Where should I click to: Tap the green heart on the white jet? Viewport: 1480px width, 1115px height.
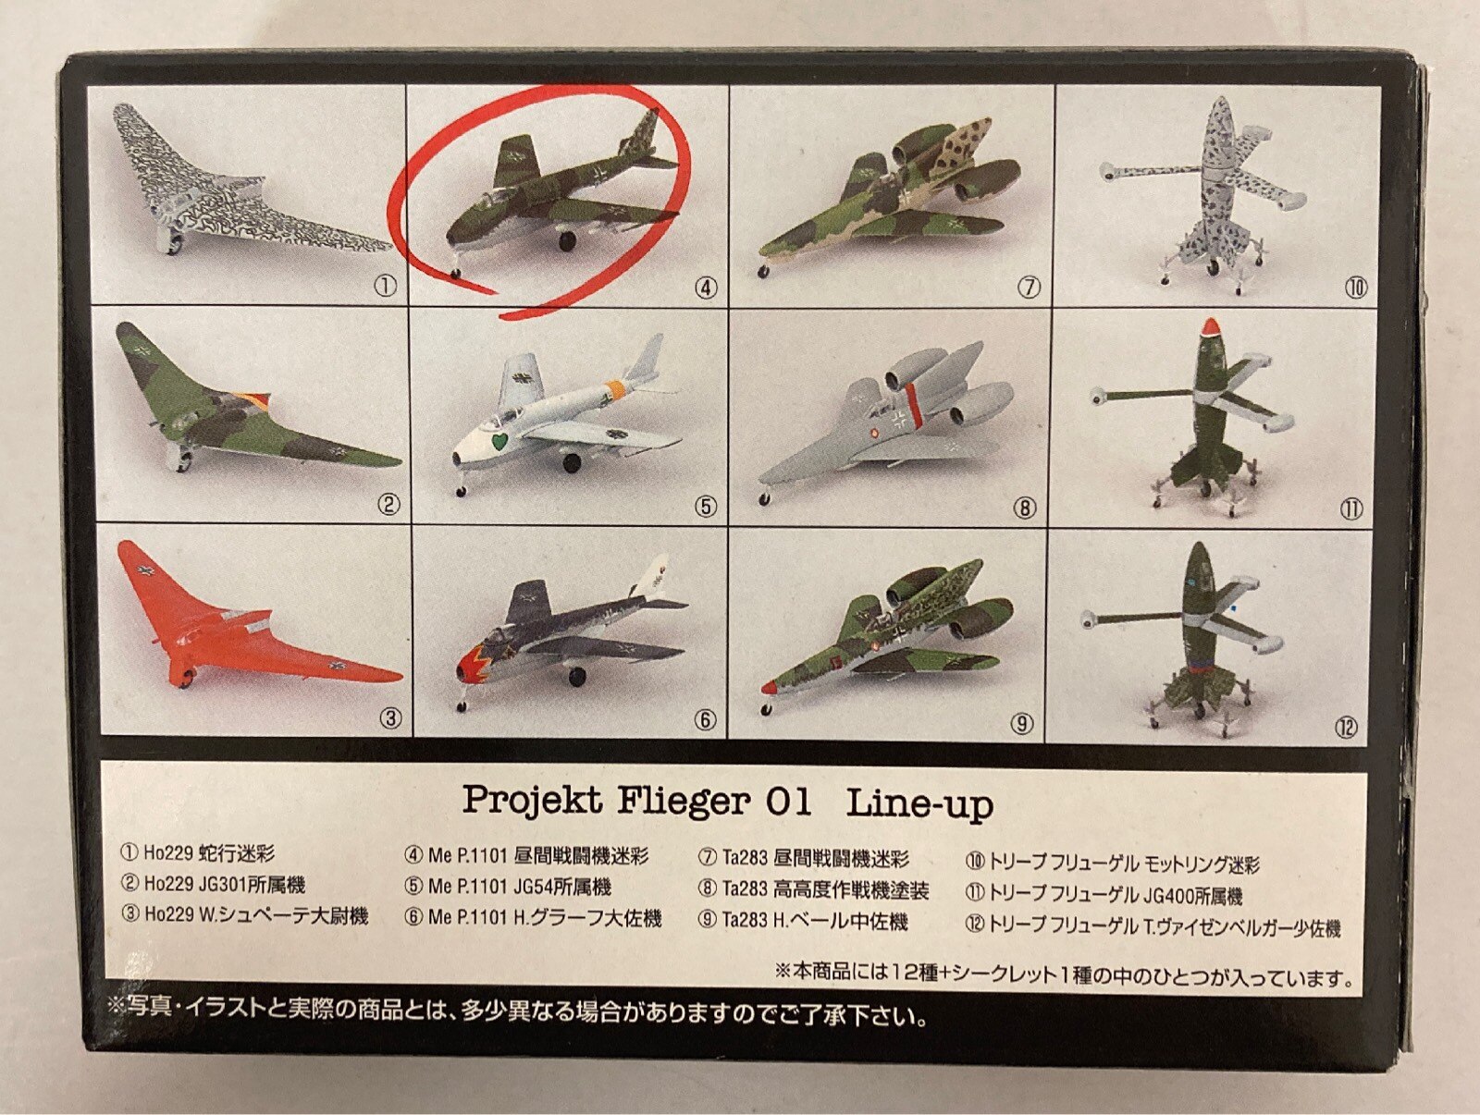click(500, 443)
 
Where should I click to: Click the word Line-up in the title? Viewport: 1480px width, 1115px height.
click(919, 804)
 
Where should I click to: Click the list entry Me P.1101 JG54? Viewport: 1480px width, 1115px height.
click(508, 887)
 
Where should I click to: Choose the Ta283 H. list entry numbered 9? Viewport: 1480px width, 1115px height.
click(804, 920)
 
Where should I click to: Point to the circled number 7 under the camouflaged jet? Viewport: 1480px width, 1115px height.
click(1029, 288)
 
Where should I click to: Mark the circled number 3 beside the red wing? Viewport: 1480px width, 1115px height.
click(390, 718)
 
